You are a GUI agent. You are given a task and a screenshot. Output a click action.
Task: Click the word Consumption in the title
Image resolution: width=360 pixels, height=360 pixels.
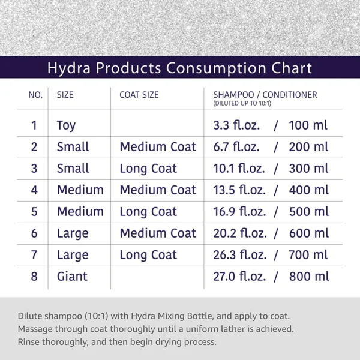click(203, 68)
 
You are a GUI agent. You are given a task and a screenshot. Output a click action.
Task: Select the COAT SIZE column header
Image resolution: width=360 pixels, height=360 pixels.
click(139, 95)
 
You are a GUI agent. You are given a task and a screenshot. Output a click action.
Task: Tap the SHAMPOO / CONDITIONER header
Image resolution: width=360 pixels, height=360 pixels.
click(265, 95)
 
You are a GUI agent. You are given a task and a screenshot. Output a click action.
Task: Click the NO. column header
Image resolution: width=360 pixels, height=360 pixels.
click(35, 95)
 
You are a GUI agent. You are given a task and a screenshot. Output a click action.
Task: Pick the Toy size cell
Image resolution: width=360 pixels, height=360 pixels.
click(66, 126)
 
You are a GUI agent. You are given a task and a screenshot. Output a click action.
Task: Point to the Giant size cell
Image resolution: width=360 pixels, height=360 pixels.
click(72, 277)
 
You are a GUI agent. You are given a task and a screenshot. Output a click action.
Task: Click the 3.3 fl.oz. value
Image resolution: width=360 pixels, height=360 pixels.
click(236, 125)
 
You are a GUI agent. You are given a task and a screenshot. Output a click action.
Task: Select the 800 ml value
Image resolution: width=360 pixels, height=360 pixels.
click(309, 277)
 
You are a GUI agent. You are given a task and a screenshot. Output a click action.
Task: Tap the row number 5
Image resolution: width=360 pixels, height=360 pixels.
click(34, 212)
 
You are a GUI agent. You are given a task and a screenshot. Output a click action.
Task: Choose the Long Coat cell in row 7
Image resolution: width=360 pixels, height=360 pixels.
click(148, 255)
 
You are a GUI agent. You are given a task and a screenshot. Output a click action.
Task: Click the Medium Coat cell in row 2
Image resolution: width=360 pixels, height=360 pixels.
click(158, 147)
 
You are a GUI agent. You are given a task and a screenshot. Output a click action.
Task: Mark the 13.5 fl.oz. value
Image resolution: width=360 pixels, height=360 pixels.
click(239, 190)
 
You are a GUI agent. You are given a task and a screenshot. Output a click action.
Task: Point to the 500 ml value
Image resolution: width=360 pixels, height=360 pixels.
click(309, 212)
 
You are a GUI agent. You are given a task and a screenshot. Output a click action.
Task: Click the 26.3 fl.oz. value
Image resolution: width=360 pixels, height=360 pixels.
click(239, 255)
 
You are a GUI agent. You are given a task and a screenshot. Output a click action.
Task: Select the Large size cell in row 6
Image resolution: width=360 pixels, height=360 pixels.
click(73, 233)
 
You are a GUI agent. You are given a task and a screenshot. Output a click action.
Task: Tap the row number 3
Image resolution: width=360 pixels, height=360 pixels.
click(34, 169)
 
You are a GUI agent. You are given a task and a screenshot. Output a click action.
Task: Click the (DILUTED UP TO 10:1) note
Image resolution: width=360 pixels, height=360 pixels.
click(242, 104)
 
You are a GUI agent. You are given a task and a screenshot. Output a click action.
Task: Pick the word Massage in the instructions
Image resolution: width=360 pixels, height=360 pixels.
click(37, 329)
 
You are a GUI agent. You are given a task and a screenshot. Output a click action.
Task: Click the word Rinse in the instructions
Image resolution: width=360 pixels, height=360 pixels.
click(29, 342)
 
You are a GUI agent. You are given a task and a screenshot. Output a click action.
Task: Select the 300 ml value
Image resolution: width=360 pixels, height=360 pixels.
click(309, 169)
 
